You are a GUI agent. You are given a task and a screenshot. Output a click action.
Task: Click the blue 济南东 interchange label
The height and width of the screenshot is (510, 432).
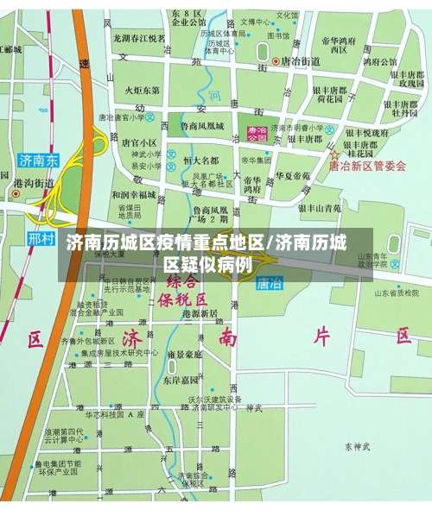[39, 160]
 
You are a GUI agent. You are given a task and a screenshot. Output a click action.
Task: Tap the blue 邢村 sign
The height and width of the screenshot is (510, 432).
[41, 237]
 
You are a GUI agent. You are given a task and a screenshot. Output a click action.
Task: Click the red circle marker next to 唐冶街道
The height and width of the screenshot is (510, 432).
[276, 61]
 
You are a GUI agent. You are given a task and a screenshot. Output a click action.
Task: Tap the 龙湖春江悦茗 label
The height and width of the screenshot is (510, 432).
[139, 39]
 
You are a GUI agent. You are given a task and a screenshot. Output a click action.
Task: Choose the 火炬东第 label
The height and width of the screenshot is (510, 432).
[142, 90]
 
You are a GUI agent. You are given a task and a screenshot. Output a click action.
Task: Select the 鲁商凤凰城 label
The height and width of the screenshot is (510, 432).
[201, 126]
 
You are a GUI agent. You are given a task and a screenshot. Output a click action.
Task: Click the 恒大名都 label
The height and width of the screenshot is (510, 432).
[200, 161]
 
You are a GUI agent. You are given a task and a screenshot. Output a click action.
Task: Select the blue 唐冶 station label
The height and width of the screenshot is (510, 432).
[270, 282]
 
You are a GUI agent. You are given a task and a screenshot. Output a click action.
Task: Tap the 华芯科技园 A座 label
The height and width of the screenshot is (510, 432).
[108, 415]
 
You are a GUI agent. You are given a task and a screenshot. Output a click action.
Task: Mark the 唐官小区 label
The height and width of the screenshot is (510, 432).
[139, 142]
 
